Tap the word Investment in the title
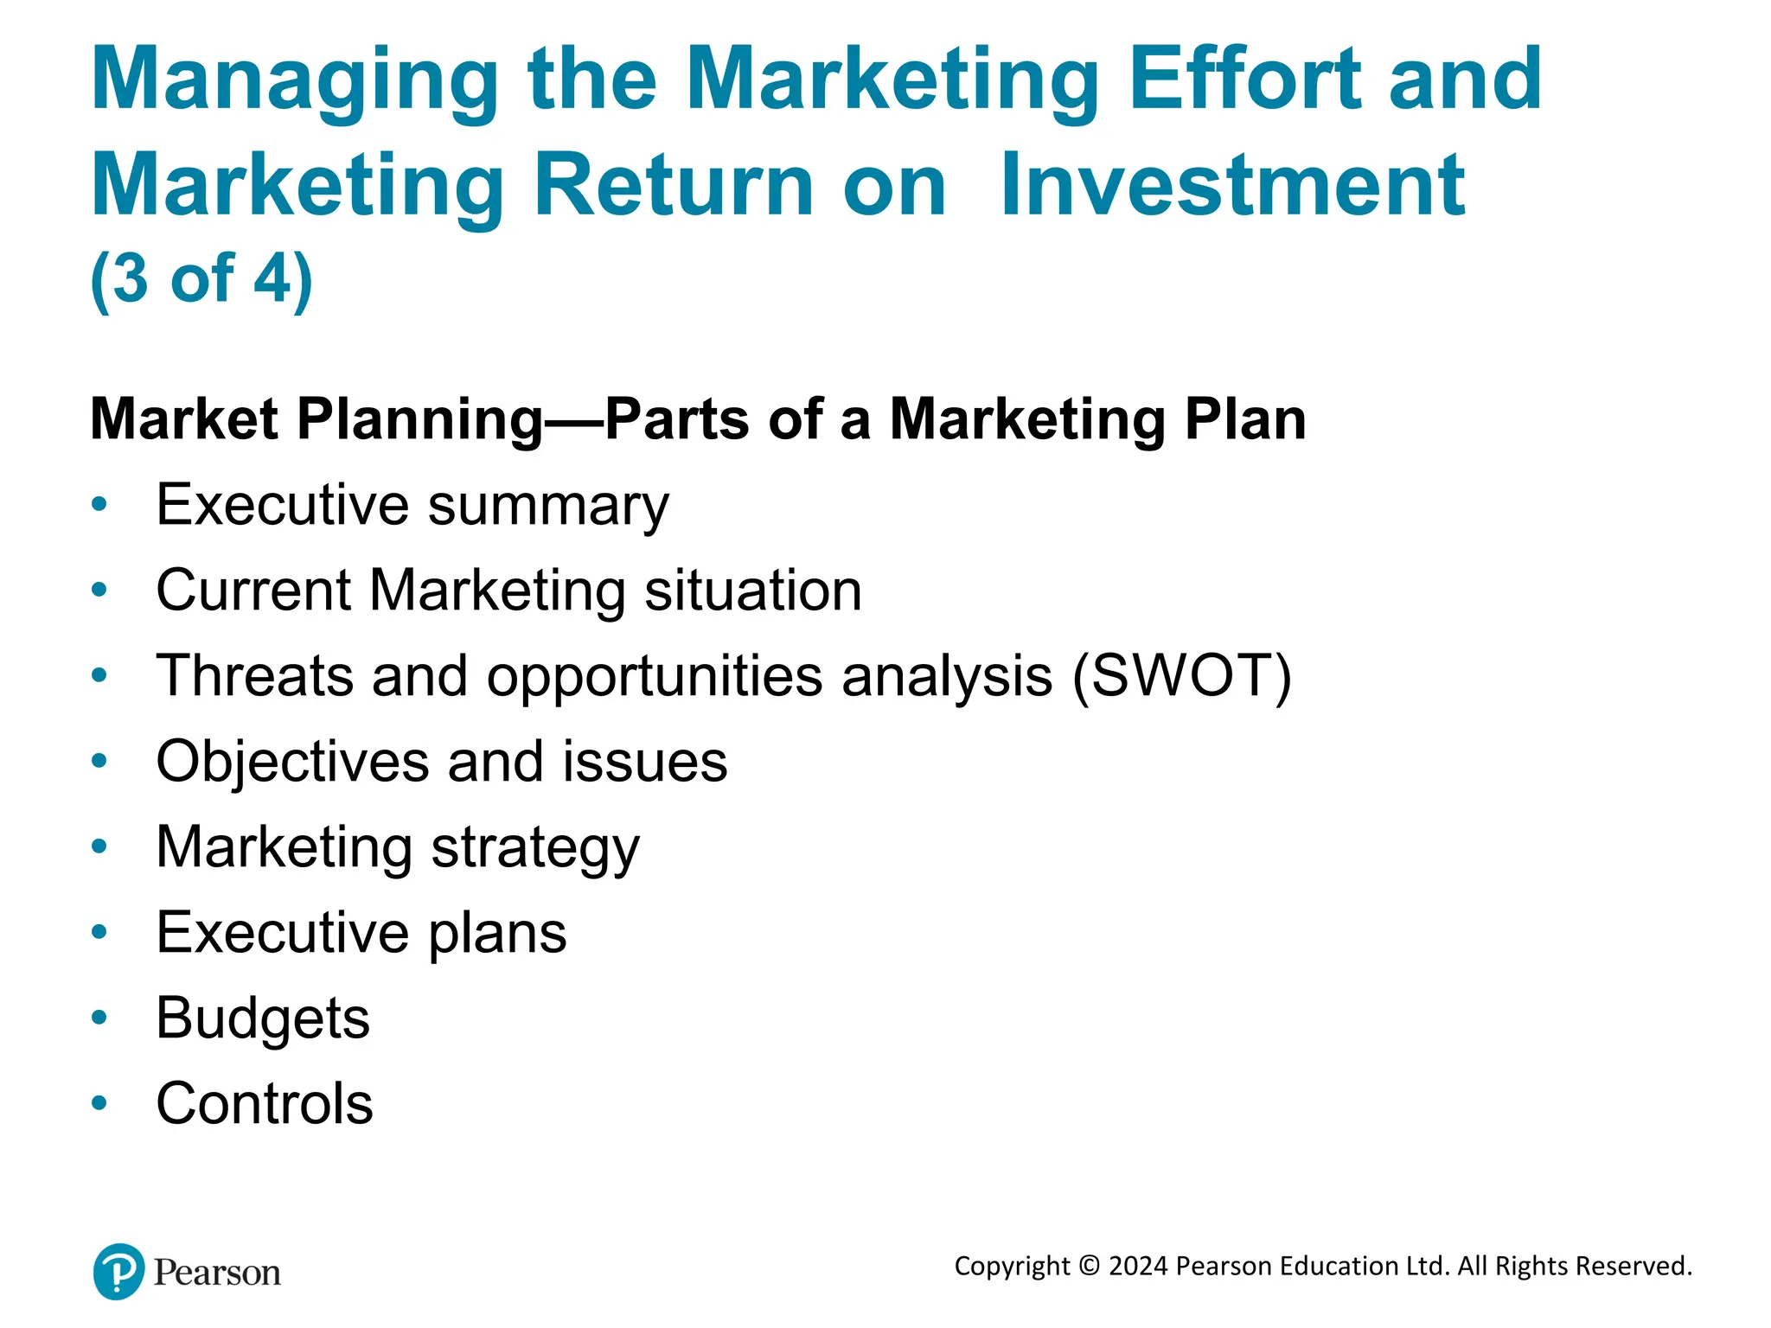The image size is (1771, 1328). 1232,185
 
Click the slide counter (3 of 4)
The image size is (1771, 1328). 201,278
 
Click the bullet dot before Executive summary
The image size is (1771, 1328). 99,504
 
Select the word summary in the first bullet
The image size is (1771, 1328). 548,506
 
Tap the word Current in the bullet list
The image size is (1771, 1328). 253,591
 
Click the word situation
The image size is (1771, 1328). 753,591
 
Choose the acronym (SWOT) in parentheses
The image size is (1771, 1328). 1181,675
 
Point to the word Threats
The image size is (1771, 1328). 254,675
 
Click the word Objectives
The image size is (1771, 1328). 292,762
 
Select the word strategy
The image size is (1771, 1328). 535,847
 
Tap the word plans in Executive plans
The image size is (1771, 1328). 497,933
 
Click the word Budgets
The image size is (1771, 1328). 262,1018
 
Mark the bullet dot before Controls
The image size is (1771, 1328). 99,1103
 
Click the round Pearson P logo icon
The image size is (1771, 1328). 118,1271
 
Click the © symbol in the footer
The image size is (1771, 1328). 1090,1266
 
